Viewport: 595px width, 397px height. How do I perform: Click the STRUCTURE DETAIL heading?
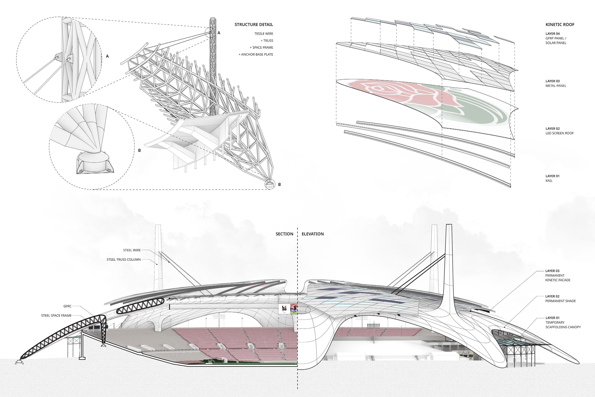coord(254,24)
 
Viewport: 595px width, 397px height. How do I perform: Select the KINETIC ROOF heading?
coord(560,24)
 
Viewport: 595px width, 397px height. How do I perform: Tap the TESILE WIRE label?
coord(264,34)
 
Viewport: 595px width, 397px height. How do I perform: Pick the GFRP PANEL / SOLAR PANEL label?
coord(556,41)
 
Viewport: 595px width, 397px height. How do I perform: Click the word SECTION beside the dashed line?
coord(284,234)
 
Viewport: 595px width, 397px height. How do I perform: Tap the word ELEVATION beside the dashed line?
coord(313,234)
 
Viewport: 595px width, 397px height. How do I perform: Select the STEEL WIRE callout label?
coord(132,250)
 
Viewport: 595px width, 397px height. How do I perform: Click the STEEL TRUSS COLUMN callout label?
coord(123,260)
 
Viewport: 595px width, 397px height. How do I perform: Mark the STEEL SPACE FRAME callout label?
coord(56,315)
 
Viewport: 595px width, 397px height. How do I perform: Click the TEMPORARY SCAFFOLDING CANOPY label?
coord(563,325)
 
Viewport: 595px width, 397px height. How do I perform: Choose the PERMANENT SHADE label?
coord(560,301)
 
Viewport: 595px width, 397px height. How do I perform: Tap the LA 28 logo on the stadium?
coord(284,308)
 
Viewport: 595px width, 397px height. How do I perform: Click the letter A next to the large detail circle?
coord(107,56)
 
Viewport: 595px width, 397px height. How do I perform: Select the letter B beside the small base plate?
coord(279,185)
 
